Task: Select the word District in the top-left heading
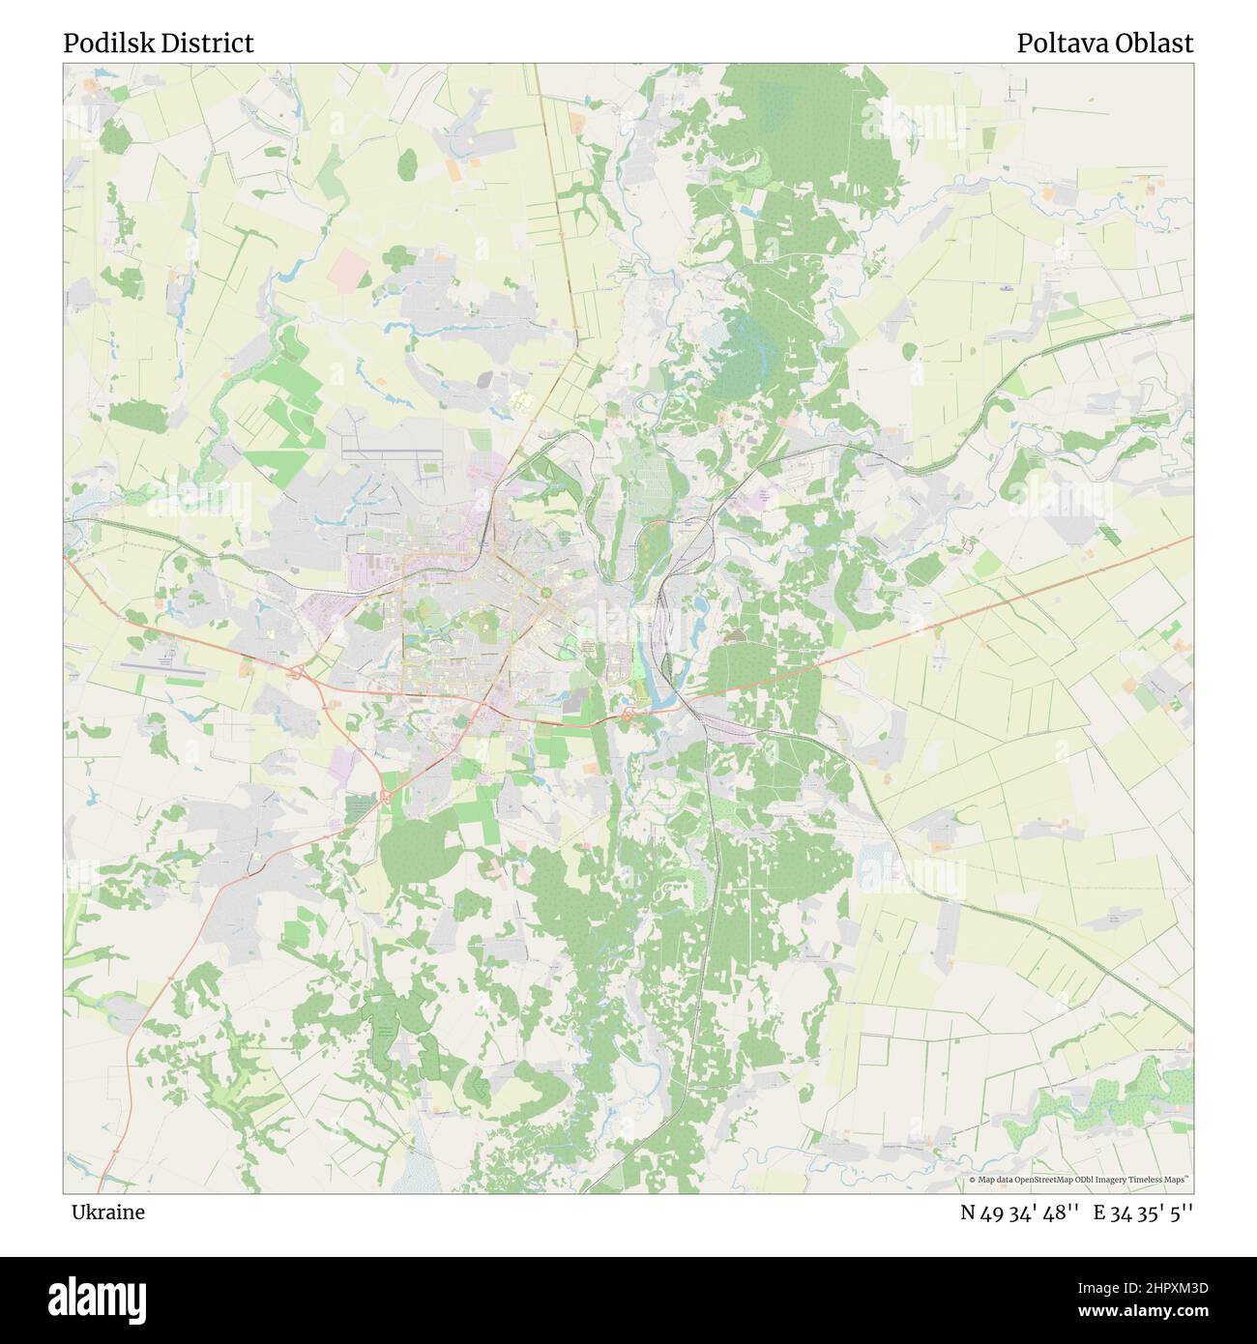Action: point(215,44)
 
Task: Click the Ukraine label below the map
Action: point(108,1212)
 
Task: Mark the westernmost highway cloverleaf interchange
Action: point(297,670)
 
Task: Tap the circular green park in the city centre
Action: point(545,592)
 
